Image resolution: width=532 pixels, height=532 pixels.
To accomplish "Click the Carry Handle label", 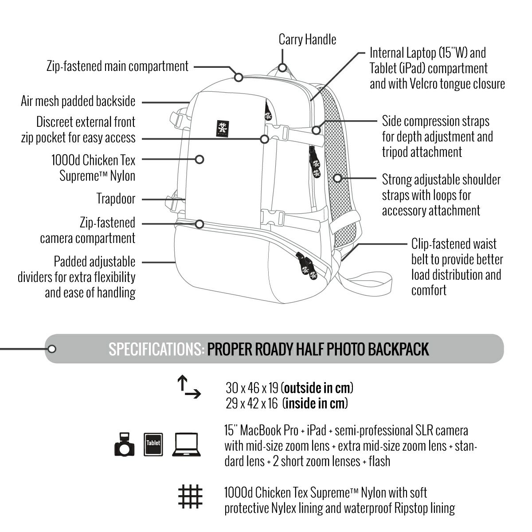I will pyautogui.click(x=307, y=39).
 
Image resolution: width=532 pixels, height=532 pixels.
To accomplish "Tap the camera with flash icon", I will pyautogui.click(x=125, y=445).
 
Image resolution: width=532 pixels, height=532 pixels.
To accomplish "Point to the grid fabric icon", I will pyautogui.click(x=190, y=496).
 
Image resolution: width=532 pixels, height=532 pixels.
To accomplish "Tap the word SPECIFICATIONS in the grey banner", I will pyautogui.click(x=156, y=349).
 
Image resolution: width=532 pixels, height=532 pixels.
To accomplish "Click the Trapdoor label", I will pyautogui.click(x=116, y=199).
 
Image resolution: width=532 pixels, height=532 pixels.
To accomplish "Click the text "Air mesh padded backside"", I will pyautogui.click(x=78, y=102).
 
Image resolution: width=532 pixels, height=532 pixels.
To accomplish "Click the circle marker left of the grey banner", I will pyautogui.click(x=52, y=349).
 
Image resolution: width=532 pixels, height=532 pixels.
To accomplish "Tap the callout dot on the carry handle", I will pyautogui.click(x=282, y=67).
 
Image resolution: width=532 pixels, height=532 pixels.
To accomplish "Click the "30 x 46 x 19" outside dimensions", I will pyautogui.click(x=252, y=388).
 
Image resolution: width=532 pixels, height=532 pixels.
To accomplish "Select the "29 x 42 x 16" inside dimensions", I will pyautogui.click(x=252, y=403).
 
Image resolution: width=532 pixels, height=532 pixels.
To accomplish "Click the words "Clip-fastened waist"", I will pyautogui.click(x=454, y=244).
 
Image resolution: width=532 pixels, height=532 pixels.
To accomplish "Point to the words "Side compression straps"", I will pyautogui.click(x=436, y=121).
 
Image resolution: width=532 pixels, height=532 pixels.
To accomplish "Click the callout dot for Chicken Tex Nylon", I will pyautogui.click(x=199, y=159).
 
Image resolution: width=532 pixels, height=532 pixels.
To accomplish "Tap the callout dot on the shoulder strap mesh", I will pyautogui.click(x=337, y=178).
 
